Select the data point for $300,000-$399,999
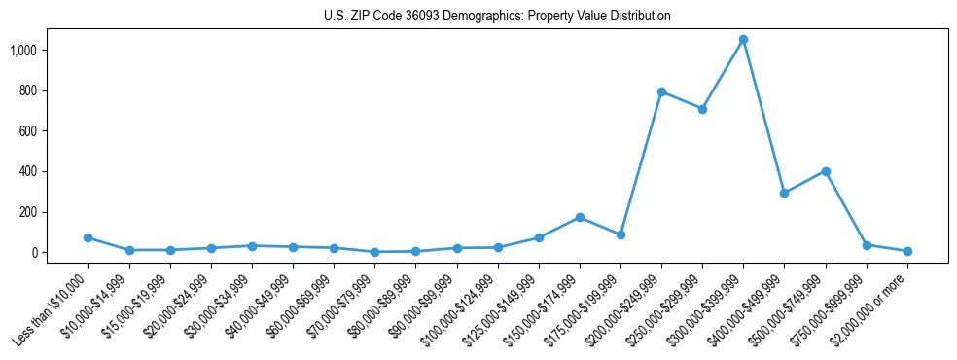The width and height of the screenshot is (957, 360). pos(743,40)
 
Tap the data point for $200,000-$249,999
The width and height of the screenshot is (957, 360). pos(661,92)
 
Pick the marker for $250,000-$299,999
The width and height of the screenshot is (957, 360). pos(702,109)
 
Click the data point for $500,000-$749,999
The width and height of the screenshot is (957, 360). pos(826,171)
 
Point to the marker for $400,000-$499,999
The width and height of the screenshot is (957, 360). pos(784,193)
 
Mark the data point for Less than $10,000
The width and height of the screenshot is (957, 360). pos(88,237)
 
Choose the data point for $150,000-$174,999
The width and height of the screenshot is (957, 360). pos(580,217)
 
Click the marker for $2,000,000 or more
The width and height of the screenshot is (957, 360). pos(907,251)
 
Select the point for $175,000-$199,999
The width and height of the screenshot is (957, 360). pos(620,234)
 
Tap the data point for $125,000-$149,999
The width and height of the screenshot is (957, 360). pos(539,237)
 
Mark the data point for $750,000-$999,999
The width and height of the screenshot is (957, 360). pos(867,245)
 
